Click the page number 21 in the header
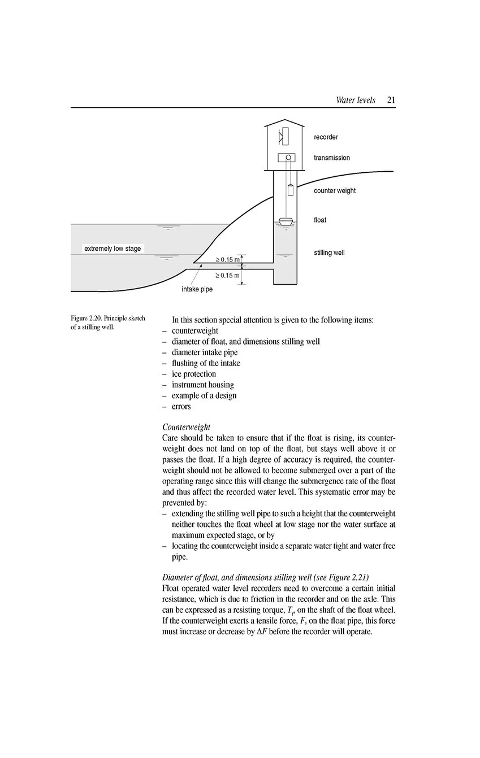click(391, 100)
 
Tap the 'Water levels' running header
click(355, 100)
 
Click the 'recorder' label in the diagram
click(326, 137)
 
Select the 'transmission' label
click(332, 158)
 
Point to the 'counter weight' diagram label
click(335, 190)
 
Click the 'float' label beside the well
click(320, 220)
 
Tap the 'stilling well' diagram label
click(329, 252)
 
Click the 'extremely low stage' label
click(113, 249)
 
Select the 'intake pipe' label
click(197, 289)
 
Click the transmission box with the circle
click(287, 158)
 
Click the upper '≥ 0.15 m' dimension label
click(228, 259)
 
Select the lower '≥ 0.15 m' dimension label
click(228, 275)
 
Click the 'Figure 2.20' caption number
click(87, 319)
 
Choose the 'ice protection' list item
click(194, 374)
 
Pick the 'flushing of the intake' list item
click(206, 363)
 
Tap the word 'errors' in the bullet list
click(181, 406)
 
